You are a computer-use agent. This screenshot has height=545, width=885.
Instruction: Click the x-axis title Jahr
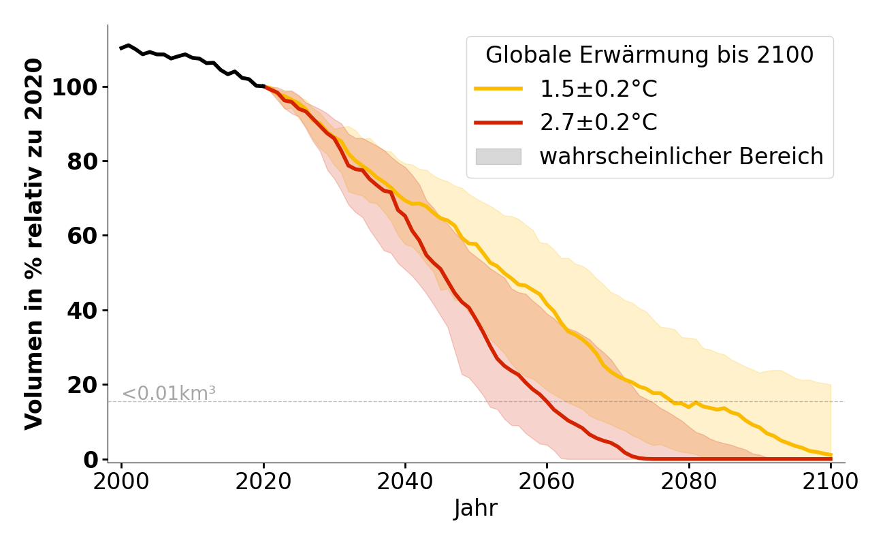pyautogui.click(x=475, y=509)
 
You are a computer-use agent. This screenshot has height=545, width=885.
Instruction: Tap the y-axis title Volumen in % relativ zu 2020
pyautogui.click(x=34, y=244)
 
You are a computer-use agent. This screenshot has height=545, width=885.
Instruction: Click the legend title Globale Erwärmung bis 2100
pyautogui.click(x=649, y=55)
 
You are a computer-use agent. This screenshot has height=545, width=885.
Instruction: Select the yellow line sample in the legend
pyautogui.click(x=498, y=89)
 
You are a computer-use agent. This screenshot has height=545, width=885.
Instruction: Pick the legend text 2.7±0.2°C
pyautogui.click(x=598, y=123)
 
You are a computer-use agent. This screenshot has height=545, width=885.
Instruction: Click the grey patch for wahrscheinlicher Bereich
pyautogui.click(x=498, y=157)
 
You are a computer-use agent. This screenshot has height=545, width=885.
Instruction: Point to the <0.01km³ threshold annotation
pyautogui.click(x=169, y=394)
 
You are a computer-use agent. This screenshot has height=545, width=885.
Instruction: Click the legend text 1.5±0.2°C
pyautogui.click(x=598, y=89)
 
